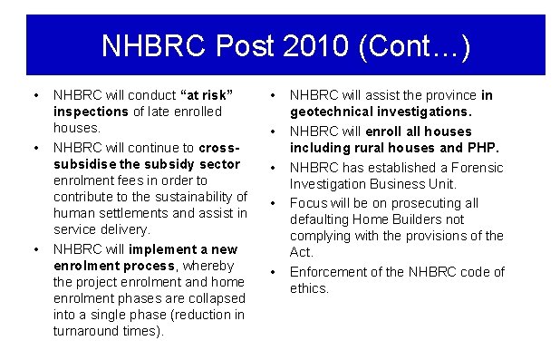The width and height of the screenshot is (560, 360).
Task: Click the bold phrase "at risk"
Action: point(208,94)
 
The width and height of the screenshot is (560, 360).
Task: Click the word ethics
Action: point(309,288)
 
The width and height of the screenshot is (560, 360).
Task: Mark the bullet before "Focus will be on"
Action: point(273,202)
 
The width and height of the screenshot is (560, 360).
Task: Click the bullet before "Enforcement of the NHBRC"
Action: point(273,271)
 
